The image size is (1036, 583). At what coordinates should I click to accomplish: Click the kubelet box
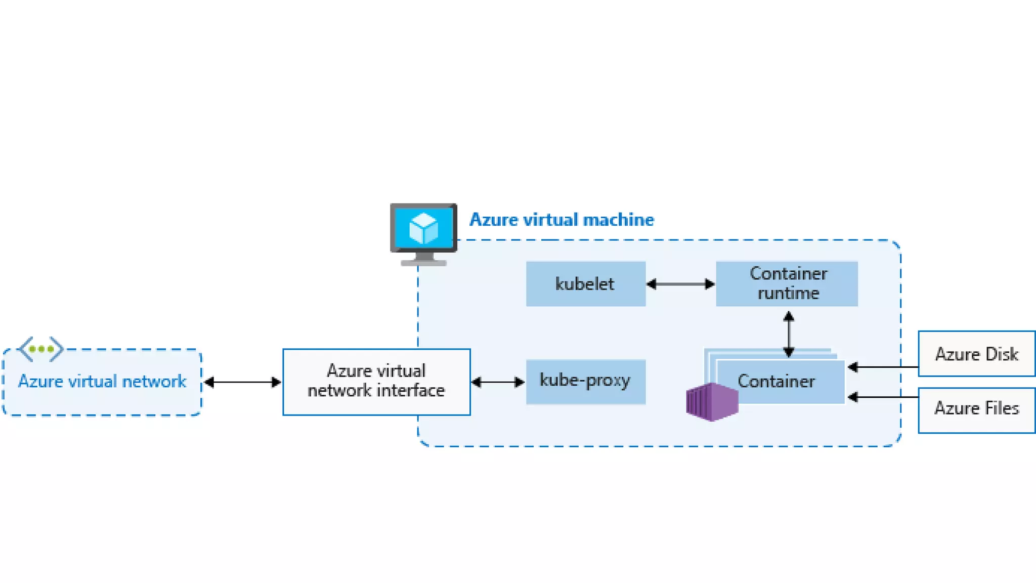pos(586,284)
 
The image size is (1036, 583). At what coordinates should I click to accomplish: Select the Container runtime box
pos(787,284)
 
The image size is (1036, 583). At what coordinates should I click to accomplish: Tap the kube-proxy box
pos(586,382)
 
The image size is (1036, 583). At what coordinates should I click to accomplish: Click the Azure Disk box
pos(977,354)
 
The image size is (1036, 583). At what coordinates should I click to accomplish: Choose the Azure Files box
pos(977,410)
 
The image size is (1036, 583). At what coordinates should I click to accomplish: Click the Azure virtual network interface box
pos(376,382)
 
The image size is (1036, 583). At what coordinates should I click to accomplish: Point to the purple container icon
pos(712,402)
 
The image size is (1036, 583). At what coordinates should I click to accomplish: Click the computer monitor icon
pos(424,234)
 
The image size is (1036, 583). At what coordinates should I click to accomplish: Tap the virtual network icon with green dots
pos(40,349)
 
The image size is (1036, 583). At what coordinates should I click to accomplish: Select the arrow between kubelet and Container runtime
pos(681,284)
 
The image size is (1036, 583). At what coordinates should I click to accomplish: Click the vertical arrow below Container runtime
pos(789,335)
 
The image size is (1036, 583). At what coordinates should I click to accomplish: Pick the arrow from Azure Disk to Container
pos(883,367)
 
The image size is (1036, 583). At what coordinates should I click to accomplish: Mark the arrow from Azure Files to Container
pos(883,397)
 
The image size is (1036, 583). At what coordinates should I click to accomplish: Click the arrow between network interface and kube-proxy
pos(498,382)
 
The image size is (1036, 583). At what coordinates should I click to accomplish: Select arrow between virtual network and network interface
pos(242,382)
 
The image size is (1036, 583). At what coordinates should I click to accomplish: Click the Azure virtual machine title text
pos(562,220)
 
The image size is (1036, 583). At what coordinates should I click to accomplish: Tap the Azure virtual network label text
pos(102,381)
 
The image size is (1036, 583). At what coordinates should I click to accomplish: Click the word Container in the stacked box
pos(776,381)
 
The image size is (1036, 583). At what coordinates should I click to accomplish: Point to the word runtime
pos(788,293)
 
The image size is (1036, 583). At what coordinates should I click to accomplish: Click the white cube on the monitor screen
pos(423,228)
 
